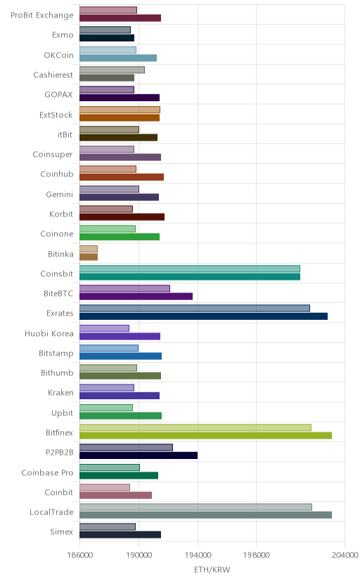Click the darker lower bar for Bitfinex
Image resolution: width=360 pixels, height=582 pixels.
[x=205, y=436]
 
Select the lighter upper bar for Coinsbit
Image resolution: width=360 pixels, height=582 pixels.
[x=190, y=269]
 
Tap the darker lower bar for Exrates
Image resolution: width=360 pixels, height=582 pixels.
[x=203, y=316]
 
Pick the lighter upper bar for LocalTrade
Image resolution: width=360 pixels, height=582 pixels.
[x=195, y=507]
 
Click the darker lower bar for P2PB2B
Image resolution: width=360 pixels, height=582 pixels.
[x=139, y=455]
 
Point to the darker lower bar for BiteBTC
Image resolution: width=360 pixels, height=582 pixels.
[x=136, y=296]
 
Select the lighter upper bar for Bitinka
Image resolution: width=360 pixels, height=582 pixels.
[x=89, y=249]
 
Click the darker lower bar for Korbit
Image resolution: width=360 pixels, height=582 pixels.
[x=122, y=217]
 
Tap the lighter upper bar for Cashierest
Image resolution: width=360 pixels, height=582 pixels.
[x=112, y=70]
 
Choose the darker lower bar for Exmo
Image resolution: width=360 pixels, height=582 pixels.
[x=107, y=38]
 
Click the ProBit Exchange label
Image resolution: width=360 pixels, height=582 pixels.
[x=42, y=15]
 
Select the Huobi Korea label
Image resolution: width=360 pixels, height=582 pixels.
[x=49, y=333]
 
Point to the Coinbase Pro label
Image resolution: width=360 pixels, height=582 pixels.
[x=48, y=472]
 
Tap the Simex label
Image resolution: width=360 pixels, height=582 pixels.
[x=62, y=532]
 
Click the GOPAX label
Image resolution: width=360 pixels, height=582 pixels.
[x=58, y=95]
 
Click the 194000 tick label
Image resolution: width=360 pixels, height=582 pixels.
[x=198, y=555]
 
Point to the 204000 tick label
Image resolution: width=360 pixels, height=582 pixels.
[x=345, y=555]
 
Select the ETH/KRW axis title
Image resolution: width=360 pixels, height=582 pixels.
[x=212, y=570]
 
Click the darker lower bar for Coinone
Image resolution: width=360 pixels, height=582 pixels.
[x=120, y=237]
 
